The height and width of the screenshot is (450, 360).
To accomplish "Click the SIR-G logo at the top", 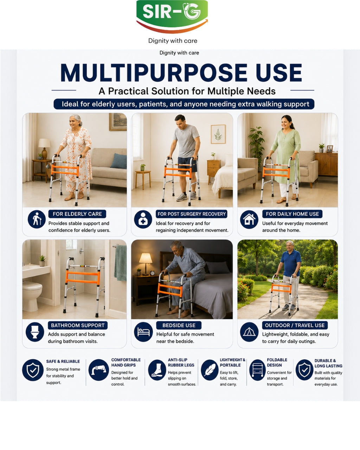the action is click(172, 17).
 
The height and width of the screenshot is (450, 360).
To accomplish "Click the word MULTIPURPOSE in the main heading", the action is click(154, 72).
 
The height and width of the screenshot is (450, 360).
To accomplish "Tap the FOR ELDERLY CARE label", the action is click(77, 214).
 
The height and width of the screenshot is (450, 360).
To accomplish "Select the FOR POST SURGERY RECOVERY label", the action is click(191, 214).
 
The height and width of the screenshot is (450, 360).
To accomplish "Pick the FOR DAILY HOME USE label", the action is click(292, 214).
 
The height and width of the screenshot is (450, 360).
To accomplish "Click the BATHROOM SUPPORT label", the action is click(78, 326).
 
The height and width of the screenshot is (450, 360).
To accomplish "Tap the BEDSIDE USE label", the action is click(179, 326).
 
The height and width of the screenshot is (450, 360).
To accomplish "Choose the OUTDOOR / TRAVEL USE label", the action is click(295, 326).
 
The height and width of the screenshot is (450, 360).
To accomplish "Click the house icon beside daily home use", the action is click(249, 219).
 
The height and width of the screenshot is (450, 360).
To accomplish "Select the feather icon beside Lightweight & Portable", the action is click(210, 370).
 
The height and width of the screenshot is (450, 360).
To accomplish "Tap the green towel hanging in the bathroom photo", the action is click(120, 263).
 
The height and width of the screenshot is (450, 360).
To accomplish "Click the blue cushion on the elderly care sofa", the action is click(118, 161).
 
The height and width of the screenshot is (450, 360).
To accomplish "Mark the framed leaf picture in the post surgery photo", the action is click(218, 134).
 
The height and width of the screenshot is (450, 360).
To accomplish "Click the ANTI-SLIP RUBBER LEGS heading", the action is click(181, 362).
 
